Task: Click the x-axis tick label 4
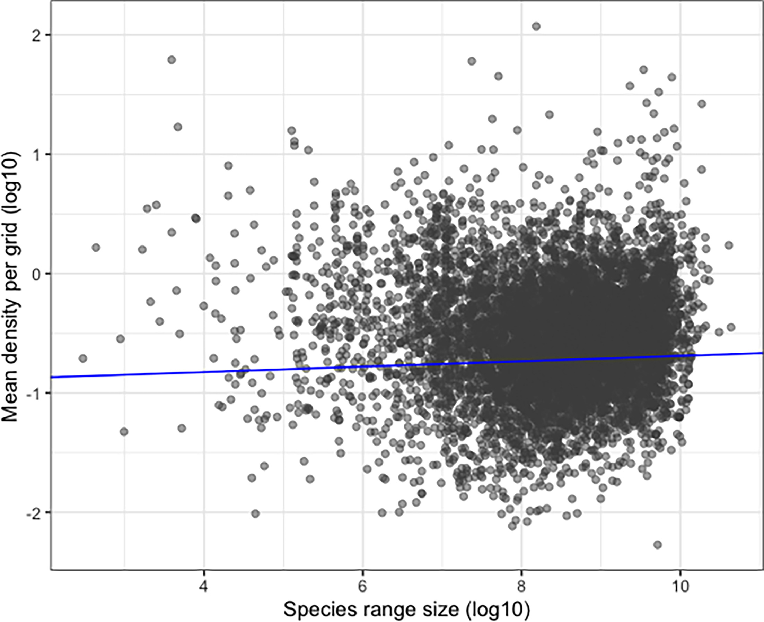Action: pyautogui.click(x=204, y=587)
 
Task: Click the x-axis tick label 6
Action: pyautogui.click(x=363, y=587)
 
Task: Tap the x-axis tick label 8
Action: pyautogui.click(x=521, y=587)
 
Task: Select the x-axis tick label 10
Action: pyautogui.click(x=680, y=587)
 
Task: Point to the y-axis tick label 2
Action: pyautogui.click(x=36, y=35)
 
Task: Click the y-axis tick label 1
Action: pyautogui.click(x=36, y=154)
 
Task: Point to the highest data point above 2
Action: pyautogui.click(x=536, y=26)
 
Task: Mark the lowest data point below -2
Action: pyautogui.click(x=657, y=545)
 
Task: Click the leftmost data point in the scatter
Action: pyautogui.click(x=83, y=358)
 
